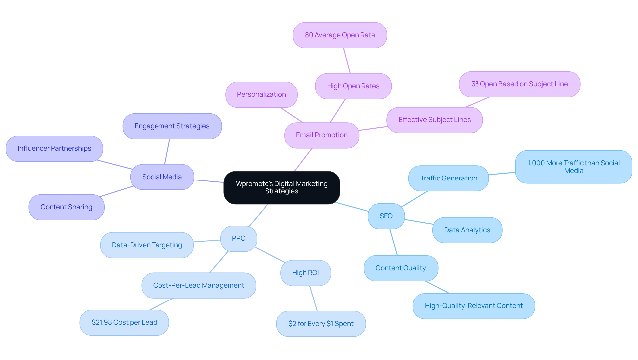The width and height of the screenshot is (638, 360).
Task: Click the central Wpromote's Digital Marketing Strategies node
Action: coord(281,187)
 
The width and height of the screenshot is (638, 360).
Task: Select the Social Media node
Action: coord(162,177)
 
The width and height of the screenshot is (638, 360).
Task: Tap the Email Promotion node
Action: coord(322,135)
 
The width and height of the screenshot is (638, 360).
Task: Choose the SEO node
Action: coord(386,216)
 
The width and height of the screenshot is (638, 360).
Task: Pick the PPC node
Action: coord(239,238)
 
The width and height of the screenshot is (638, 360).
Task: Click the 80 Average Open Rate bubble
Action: coord(340,35)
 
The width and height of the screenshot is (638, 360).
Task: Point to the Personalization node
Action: coord(261,94)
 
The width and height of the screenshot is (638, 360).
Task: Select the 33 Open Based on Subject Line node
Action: coord(519,84)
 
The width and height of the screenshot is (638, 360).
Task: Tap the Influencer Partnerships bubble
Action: coord(54,148)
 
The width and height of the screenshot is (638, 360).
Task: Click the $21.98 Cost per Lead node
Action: coord(124,322)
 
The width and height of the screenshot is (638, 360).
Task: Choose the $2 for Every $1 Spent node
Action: coord(321,324)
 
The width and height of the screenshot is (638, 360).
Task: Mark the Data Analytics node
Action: coord(467,230)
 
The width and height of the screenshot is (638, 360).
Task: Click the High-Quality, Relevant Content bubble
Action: coord(474,306)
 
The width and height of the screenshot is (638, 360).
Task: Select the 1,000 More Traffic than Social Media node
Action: coord(574,167)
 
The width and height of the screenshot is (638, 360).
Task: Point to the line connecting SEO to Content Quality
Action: coord(394,242)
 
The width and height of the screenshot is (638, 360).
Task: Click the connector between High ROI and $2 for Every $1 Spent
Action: coord(313,298)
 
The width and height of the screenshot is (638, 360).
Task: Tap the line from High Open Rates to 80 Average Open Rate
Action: coord(347,60)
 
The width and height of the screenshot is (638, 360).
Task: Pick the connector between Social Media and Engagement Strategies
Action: coord(167,152)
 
